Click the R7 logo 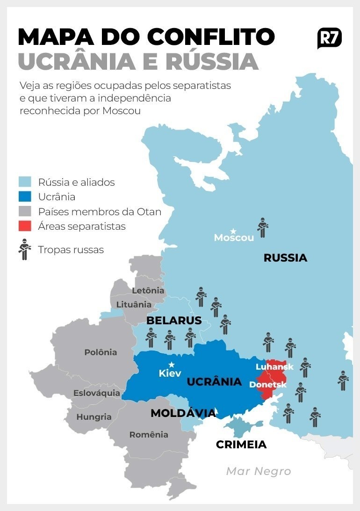[329, 38]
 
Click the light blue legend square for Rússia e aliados [25, 182]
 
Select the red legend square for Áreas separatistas [25, 226]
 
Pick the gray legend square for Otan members [25, 212]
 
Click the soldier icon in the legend [24, 249]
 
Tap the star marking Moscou [233, 231]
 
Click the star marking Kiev [172, 365]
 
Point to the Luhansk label [274, 367]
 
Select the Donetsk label [268, 385]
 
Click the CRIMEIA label [241, 445]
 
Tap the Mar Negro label [259, 471]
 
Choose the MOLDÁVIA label [183, 413]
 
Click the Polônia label [101, 352]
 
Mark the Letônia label [148, 291]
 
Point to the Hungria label [94, 416]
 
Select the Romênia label [149, 435]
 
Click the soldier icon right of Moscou [263, 227]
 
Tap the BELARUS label [174, 321]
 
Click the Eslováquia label [97, 393]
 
